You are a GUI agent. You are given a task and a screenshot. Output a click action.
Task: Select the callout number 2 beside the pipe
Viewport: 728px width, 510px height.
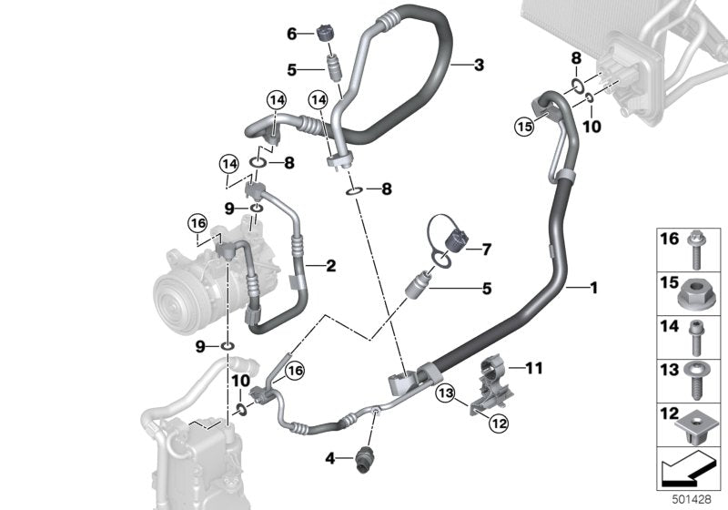(x=331, y=266)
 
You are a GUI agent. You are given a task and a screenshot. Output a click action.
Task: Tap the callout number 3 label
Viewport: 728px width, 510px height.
(x=479, y=65)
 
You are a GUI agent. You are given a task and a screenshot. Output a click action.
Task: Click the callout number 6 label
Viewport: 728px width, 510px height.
(x=292, y=34)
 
